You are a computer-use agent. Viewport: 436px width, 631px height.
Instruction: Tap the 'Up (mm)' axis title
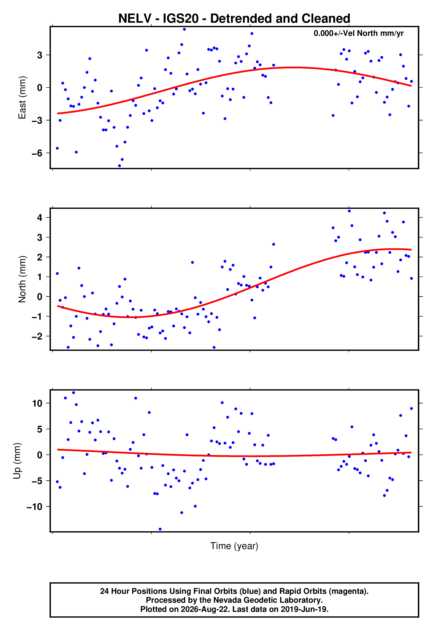17,461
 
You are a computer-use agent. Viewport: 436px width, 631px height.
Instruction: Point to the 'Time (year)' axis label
234,546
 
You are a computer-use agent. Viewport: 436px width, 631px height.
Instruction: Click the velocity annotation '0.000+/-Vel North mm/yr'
358,33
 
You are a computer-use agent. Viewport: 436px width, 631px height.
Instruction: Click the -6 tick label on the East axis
37,153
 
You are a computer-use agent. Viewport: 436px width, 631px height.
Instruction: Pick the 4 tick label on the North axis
40,218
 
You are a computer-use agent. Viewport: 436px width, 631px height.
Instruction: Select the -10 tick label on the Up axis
35,507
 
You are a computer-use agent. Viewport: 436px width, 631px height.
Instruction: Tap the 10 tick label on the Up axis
37,403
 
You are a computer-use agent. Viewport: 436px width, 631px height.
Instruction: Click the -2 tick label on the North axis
37,336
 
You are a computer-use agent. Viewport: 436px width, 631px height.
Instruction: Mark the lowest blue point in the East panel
119,166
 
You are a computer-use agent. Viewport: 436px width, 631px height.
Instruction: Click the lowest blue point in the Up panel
160,529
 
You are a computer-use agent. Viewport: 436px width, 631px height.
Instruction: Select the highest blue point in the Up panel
74,393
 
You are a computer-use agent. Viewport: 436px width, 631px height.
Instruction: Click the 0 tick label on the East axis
40,88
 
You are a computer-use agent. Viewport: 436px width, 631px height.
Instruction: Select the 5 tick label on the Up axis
40,429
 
